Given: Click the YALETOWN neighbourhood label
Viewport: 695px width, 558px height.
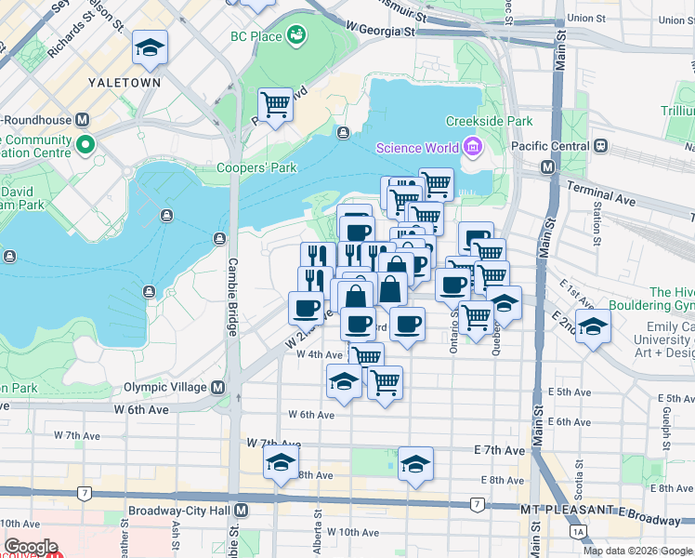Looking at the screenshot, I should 125,82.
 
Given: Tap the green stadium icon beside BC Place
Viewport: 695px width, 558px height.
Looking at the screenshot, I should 296,35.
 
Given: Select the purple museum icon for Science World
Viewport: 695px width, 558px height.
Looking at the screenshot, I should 472,148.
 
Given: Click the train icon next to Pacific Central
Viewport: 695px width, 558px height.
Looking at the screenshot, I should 600,147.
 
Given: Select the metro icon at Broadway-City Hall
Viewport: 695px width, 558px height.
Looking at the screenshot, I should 242,511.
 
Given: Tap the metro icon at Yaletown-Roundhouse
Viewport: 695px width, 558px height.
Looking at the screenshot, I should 83,119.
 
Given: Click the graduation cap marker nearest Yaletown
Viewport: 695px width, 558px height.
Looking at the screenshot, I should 149,47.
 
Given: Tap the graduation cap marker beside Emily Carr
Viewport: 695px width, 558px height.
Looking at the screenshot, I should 593,325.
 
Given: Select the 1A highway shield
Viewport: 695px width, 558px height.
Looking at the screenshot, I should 580,531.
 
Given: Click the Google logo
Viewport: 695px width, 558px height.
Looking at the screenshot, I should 31,547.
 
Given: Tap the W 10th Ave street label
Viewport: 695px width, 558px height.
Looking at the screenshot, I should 351,533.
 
